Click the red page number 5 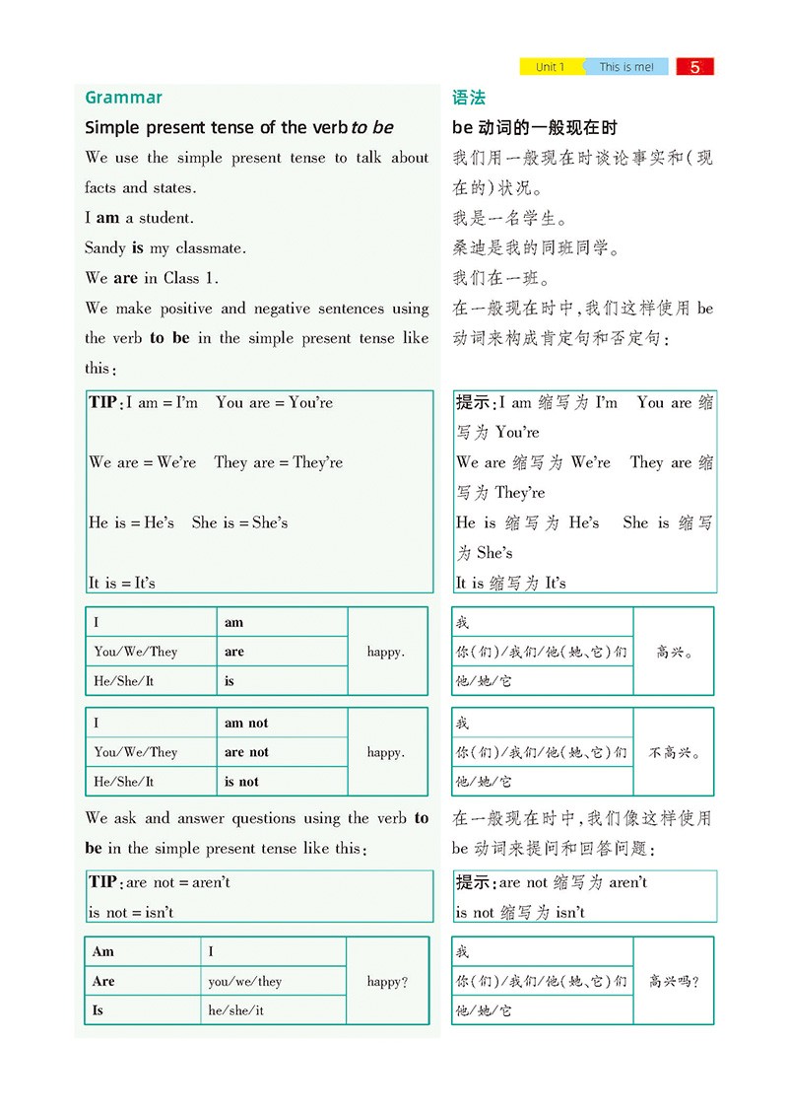pos(695,67)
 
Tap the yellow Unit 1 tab pos(551,67)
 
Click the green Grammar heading pos(123,98)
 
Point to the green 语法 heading pos(469,98)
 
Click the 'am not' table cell pos(246,723)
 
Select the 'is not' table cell pos(241,781)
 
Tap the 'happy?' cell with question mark pos(387,981)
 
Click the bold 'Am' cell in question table pos(102,951)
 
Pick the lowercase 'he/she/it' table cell pos(235,1010)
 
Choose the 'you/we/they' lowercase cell pos(245,981)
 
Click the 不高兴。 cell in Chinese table pos(675,752)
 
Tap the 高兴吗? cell pos(675,981)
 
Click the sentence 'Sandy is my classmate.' pos(165,247)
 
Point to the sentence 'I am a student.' pos(139,218)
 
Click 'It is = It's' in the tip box pos(122,583)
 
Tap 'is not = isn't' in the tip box pos(131,912)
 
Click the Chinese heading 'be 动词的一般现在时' pos(535,128)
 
